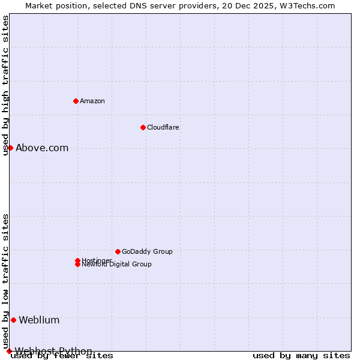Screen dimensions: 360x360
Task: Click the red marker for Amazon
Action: click(76, 101)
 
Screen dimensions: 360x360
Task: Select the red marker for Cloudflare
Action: click(143, 127)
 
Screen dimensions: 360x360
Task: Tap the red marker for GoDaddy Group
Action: click(118, 251)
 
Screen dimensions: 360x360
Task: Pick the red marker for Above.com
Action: click(10, 148)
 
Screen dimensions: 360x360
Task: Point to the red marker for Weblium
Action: click(13, 320)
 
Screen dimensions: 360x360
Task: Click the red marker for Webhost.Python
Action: click(9, 351)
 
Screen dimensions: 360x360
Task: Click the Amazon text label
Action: click(92, 101)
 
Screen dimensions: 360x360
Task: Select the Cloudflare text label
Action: click(163, 127)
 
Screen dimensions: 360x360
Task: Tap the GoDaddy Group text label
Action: click(147, 251)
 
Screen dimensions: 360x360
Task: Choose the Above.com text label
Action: click(42, 148)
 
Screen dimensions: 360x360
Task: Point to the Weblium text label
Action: click(39, 320)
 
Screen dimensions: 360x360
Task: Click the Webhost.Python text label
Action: click(53, 351)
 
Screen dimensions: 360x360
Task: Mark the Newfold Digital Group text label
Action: click(117, 265)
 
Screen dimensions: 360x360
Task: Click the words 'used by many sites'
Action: click(301, 356)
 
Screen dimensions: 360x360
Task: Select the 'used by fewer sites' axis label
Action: click(62, 356)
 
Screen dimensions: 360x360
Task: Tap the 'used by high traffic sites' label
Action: click(5, 85)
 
